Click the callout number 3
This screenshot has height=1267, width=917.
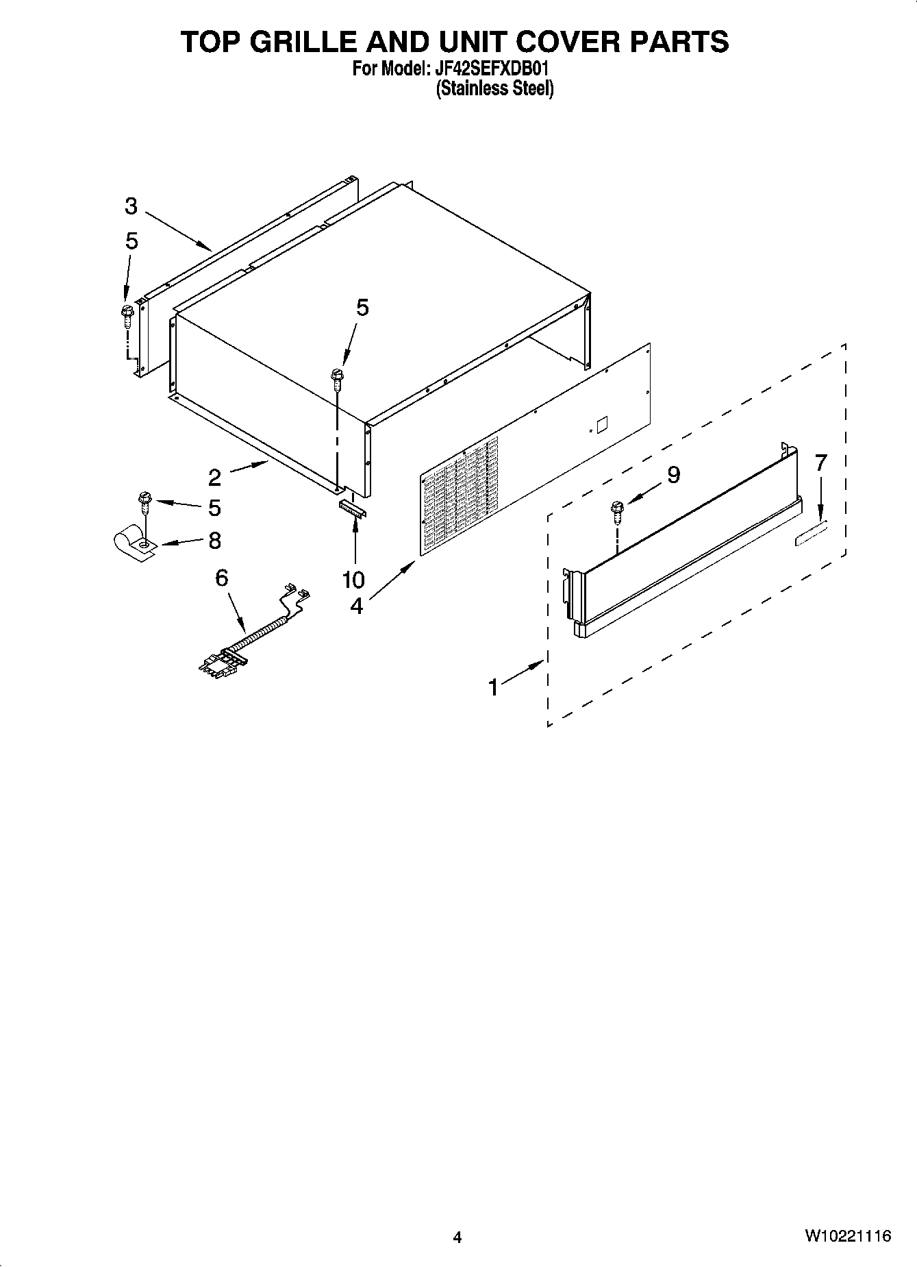[131, 206]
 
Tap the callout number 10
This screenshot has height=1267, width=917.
[353, 580]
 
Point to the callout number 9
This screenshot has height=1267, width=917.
[673, 474]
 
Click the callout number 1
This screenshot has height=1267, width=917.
[493, 687]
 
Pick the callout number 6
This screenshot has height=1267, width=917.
[221, 578]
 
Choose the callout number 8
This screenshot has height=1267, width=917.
[214, 541]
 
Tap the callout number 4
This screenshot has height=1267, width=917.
[356, 606]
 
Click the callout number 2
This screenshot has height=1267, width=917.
[215, 477]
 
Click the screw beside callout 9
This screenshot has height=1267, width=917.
[616, 511]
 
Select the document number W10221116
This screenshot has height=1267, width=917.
[848, 1235]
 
